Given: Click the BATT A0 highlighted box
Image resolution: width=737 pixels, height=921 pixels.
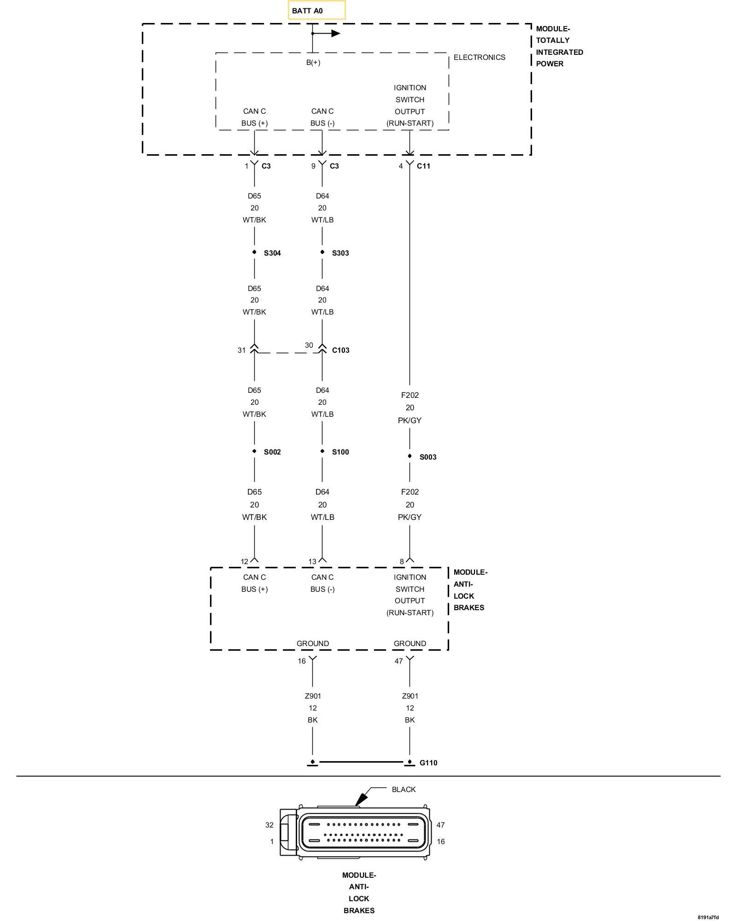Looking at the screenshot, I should [316, 10].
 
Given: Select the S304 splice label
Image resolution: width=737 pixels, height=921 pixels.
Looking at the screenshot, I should [272, 253].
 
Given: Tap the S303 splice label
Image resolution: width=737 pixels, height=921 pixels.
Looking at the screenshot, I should [340, 253].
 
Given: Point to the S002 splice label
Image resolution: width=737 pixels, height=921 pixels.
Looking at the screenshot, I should [272, 452].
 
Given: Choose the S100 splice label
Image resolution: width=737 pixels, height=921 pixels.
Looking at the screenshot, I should [340, 452].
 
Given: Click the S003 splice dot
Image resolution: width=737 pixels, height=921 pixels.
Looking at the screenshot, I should [409, 456].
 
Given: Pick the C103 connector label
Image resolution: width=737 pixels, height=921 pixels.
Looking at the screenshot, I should [340, 350].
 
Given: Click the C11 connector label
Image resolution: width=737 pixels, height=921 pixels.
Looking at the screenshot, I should [423, 166].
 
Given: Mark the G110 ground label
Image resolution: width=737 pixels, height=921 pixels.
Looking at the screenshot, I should [428, 763].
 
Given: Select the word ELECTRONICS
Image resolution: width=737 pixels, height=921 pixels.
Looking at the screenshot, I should [479, 57].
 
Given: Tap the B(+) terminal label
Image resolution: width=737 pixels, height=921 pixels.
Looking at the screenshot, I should [313, 63].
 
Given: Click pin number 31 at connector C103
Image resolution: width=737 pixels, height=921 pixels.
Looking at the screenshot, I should [242, 350].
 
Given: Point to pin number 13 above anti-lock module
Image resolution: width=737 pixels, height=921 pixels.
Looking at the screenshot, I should [312, 561].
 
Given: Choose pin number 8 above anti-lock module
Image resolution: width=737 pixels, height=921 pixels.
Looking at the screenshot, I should [402, 561].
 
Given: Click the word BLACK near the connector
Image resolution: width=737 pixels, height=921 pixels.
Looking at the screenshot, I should [404, 789].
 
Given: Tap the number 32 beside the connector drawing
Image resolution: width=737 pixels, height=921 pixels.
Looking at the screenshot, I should [269, 825].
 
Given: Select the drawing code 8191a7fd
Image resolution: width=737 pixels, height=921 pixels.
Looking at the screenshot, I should [708, 917].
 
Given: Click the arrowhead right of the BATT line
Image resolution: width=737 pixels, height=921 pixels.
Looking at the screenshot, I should [336, 33].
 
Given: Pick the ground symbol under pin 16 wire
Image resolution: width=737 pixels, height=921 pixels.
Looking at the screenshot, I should [312, 763].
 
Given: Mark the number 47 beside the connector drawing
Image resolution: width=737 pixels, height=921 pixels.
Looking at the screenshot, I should [441, 825].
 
